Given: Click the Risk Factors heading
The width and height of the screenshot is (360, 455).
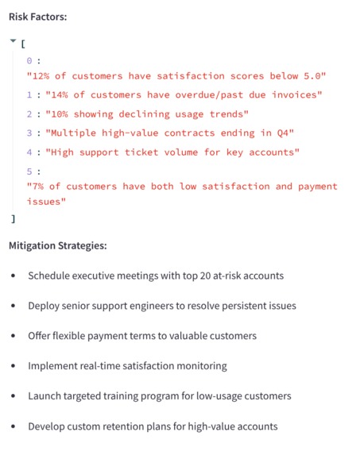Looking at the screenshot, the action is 38,16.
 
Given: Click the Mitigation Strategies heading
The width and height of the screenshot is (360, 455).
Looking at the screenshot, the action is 57,245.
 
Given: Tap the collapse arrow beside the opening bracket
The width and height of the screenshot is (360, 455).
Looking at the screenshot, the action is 13,41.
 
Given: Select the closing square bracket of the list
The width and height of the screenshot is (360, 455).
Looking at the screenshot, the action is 13,218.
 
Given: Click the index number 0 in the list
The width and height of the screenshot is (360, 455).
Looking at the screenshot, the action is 29,60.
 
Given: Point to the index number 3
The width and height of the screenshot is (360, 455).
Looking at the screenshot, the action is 29,133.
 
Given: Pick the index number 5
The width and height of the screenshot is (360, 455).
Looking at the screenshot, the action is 29,171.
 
